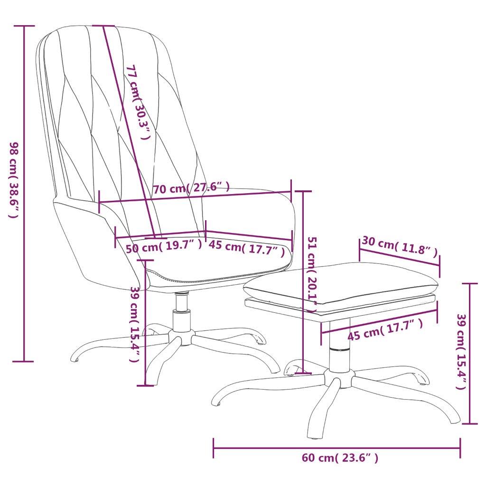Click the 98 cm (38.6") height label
(14, 180)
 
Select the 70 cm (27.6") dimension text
(192, 188)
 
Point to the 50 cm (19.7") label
(164, 246)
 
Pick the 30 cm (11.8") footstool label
(400, 246)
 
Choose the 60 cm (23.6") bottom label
(340, 458)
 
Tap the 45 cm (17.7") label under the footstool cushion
(385, 330)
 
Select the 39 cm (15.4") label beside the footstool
(461, 352)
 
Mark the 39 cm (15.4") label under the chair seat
(134, 324)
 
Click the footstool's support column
(340, 345)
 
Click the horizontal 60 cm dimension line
(336, 448)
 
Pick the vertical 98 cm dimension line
(24, 194)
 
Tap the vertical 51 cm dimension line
(303, 282)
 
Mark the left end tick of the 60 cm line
(213, 448)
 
